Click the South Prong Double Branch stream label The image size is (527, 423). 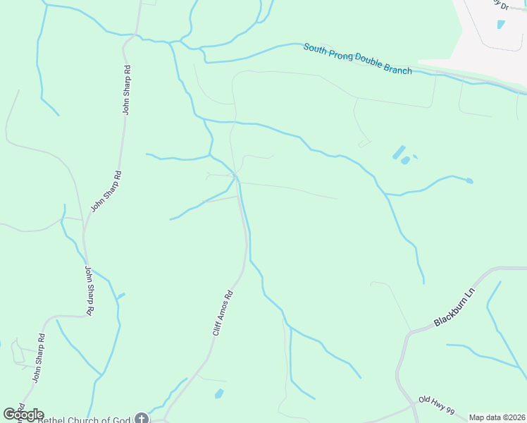click(357, 59)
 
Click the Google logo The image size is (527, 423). click(23, 415)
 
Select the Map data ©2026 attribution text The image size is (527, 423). click(497, 417)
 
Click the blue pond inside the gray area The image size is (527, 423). click(501, 24)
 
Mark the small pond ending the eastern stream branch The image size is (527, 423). click(469, 181)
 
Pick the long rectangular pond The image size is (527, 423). click(398, 152)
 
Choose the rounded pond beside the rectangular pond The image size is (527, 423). click(405, 161)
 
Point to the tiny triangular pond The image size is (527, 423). click(415, 157)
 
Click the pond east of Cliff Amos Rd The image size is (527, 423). click(219, 393)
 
